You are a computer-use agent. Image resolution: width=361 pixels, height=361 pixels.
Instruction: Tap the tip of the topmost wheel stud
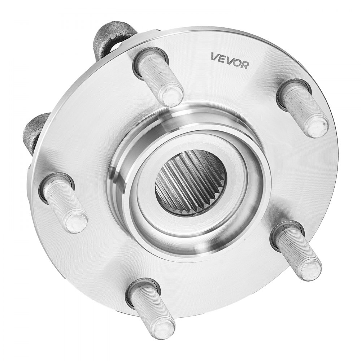tap(171, 96)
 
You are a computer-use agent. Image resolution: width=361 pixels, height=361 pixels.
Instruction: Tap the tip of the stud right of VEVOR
tap(317, 126)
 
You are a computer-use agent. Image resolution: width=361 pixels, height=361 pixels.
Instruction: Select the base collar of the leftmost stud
tap(51, 184)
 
